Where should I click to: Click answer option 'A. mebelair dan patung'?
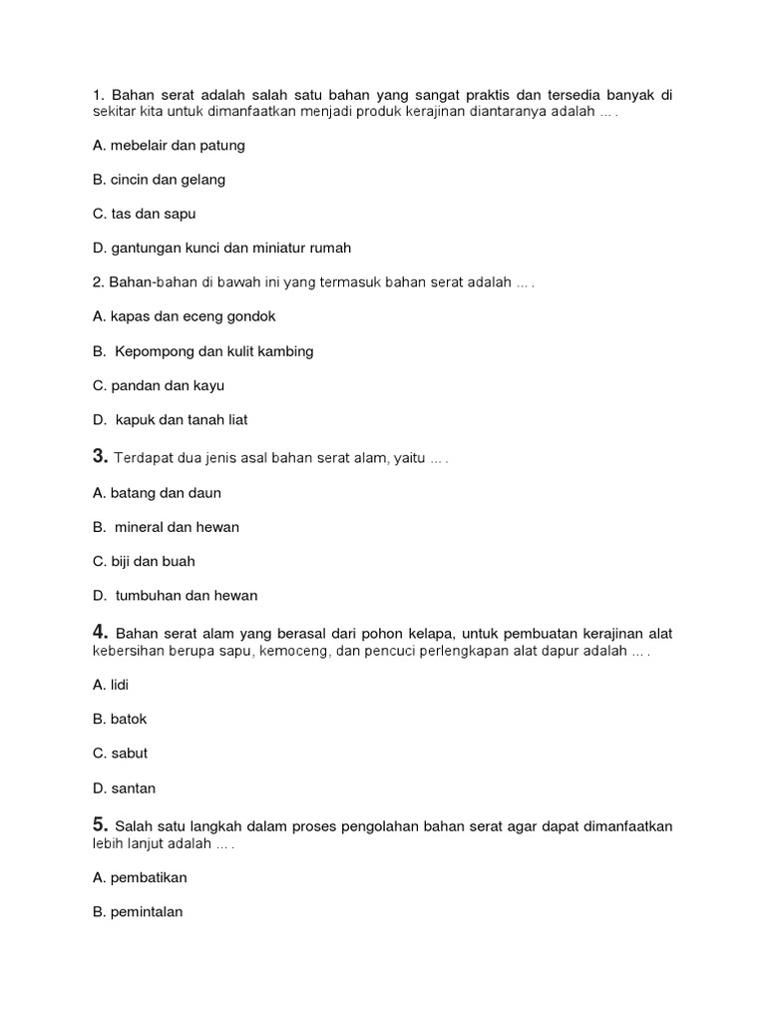click(168, 145)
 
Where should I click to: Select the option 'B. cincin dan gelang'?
click(159, 180)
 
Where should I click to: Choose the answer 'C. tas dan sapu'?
click(144, 214)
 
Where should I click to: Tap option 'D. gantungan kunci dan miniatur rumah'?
click(221, 248)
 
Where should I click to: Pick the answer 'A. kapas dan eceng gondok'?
click(184, 316)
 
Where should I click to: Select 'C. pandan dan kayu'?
click(158, 385)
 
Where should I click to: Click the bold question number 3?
click(99, 456)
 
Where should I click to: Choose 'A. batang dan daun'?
click(157, 493)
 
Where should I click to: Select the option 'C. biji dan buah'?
click(144, 561)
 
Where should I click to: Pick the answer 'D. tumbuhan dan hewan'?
click(175, 596)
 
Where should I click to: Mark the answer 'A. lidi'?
click(111, 685)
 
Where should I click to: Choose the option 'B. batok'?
click(120, 719)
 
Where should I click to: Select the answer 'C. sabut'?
click(120, 754)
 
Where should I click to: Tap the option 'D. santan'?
click(124, 788)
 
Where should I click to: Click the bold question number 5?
click(99, 823)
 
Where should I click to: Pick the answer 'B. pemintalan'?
click(138, 911)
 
